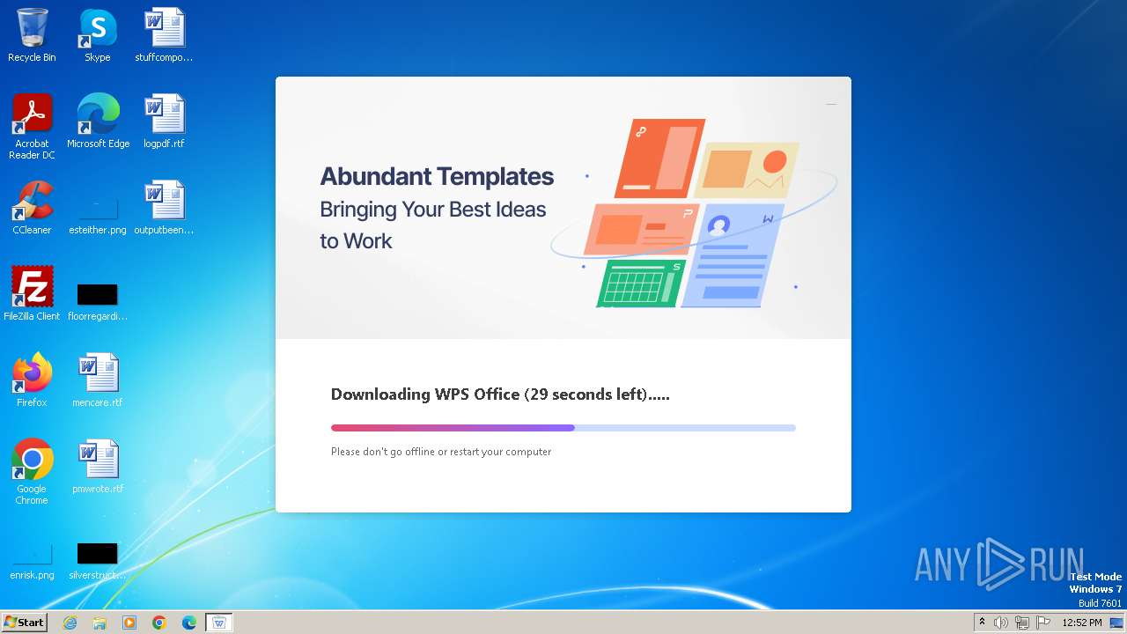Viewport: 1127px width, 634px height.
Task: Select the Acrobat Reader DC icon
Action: tap(32, 115)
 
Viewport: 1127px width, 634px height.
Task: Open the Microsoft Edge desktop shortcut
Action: tap(98, 115)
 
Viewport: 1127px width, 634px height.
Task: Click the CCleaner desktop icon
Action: tap(32, 202)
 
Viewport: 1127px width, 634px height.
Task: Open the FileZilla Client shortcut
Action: tap(32, 288)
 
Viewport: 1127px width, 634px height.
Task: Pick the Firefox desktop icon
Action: tap(32, 374)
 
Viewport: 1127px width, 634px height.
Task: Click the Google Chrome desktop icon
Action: tap(32, 461)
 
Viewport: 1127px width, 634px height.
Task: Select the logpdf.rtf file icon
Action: tap(164, 115)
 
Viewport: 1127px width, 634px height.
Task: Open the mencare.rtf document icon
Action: tap(98, 374)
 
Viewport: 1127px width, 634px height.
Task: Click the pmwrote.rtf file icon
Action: tap(98, 461)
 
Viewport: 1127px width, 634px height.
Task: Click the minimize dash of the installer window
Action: tap(830, 104)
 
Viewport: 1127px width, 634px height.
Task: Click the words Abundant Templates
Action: tap(437, 177)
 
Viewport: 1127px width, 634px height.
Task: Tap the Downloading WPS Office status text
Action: tap(499, 394)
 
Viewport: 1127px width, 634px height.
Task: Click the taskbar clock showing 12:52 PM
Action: tap(1081, 623)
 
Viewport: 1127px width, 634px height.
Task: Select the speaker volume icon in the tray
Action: tap(1000, 623)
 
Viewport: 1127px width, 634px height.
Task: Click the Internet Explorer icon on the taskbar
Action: tap(70, 623)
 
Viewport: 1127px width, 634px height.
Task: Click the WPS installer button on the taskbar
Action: tap(218, 623)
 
